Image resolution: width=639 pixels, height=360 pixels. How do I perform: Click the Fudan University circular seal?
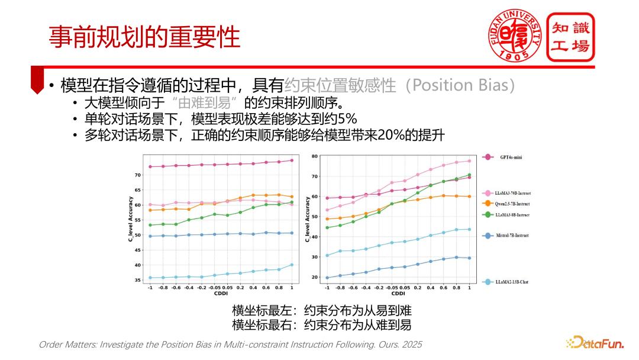[x=513, y=36]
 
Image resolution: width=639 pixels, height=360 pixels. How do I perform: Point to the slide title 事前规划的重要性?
[x=144, y=37]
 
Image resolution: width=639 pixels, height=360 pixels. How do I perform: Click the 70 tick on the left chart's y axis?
[x=137, y=175]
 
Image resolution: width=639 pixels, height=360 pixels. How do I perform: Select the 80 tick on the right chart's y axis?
[x=315, y=156]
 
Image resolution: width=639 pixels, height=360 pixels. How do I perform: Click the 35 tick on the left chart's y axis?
[x=137, y=280]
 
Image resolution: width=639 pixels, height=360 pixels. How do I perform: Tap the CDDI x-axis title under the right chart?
[x=398, y=294]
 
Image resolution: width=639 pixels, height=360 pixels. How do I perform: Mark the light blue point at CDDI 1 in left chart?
[x=291, y=265]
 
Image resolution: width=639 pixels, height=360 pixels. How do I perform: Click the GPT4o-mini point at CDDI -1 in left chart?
[x=150, y=166]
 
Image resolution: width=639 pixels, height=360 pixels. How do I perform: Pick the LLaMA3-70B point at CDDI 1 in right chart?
[x=469, y=161]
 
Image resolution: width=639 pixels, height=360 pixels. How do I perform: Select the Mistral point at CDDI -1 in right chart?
[x=327, y=278]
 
